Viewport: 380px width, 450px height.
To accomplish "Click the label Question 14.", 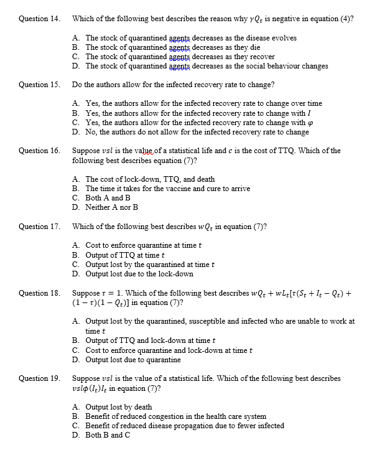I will point(39,19).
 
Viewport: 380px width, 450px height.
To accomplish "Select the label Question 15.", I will point(39,84).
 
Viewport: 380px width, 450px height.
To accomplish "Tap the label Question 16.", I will point(39,151).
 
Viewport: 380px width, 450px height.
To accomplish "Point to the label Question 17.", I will point(39,226).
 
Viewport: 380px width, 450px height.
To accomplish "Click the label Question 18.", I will point(39,293).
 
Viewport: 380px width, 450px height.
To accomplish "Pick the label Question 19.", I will point(39,378).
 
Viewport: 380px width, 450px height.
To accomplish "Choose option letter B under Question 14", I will point(75,47).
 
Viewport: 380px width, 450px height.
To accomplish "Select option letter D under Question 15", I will point(75,132).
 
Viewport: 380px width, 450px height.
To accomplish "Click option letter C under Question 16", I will point(75,198).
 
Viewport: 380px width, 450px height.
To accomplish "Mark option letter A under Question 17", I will point(75,245).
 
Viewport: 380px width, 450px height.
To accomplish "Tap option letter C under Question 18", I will point(75,350).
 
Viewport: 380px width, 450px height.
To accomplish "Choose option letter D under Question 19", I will point(75,435).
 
